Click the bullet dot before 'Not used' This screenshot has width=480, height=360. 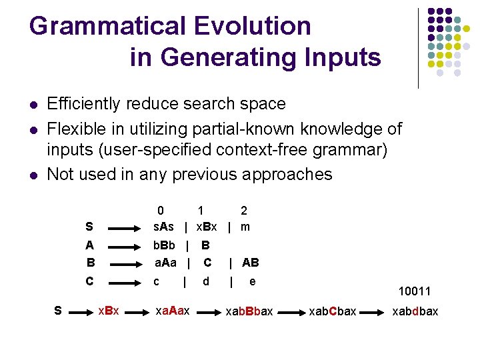pyautogui.click(x=33, y=175)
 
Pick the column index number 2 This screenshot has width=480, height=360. pyautogui.click(x=244, y=211)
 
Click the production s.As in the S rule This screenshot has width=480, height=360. pyautogui.click(x=164, y=227)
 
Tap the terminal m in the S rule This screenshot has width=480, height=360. pyautogui.click(x=245, y=227)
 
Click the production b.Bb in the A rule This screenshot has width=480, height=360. pyautogui.click(x=164, y=245)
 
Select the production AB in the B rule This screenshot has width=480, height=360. pyautogui.click(x=251, y=263)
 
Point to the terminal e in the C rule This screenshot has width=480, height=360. pyautogui.click(x=252, y=281)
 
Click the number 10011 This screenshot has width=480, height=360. pyautogui.click(x=414, y=292)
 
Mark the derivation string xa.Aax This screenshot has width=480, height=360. pyautogui.click(x=172, y=311)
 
